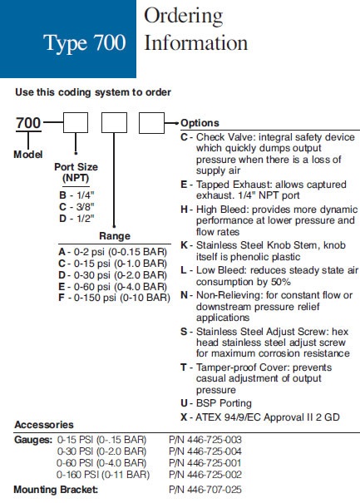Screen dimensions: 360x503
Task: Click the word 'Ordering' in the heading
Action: (x=184, y=17)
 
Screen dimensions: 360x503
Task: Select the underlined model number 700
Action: (x=28, y=123)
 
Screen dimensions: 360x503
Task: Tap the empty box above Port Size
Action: (x=76, y=122)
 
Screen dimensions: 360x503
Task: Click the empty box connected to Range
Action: (x=114, y=122)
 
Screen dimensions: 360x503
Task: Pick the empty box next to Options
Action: (x=151, y=122)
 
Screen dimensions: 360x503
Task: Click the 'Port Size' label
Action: (x=76, y=167)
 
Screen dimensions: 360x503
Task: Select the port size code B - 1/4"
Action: (x=76, y=195)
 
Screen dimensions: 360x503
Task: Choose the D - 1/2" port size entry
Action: (x=76, y=219)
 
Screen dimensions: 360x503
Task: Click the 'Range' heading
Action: (x=115, y=236)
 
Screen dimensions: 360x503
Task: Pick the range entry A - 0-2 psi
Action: (x=112, y=252)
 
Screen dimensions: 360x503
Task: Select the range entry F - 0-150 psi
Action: (x=114, y=298)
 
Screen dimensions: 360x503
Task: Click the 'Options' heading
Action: (x=200, y=123)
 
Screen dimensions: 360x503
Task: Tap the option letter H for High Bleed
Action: (x=185, y=210)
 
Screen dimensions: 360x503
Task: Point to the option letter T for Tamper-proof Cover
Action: (x=184, y=367)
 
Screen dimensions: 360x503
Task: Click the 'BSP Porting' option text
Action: (x=224, y=403)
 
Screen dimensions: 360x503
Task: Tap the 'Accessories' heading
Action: (x=44, y=425)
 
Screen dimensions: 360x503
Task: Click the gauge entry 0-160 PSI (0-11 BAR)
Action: (x=103, y=475)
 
